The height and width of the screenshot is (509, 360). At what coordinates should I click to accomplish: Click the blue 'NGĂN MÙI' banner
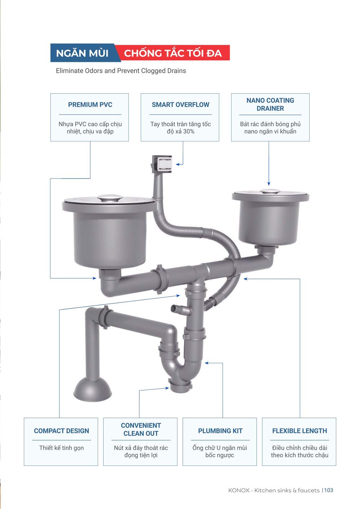[x=84, y=53]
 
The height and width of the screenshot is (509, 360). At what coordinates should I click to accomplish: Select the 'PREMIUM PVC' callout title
[x=90, y=104]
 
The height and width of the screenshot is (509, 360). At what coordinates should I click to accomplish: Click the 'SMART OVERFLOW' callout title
[x=180, y=104]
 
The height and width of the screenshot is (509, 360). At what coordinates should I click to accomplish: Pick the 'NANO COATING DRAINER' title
[x=270, y=104]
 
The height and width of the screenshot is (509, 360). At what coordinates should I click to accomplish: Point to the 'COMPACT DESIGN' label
[x=61, y=431]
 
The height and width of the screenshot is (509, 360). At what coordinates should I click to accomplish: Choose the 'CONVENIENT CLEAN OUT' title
[x=141, y=429]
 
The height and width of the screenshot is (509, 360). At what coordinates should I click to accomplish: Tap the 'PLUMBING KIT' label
[x=220, y=431]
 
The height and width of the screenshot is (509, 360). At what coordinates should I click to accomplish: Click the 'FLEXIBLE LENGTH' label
[x=300, y=431]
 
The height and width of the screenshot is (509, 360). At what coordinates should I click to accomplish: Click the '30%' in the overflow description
[x=189, y=131]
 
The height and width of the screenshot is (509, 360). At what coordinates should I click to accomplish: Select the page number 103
[x=329, y=490]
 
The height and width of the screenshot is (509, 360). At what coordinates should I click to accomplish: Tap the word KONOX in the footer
[x=239, y=490]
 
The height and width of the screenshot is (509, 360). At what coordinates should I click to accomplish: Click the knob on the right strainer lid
[x=270, y=191]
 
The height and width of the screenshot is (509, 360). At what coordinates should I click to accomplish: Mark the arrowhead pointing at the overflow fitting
[x=179, y=164]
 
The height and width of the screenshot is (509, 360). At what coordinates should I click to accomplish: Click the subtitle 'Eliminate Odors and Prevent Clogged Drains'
[x=121, y=71]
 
